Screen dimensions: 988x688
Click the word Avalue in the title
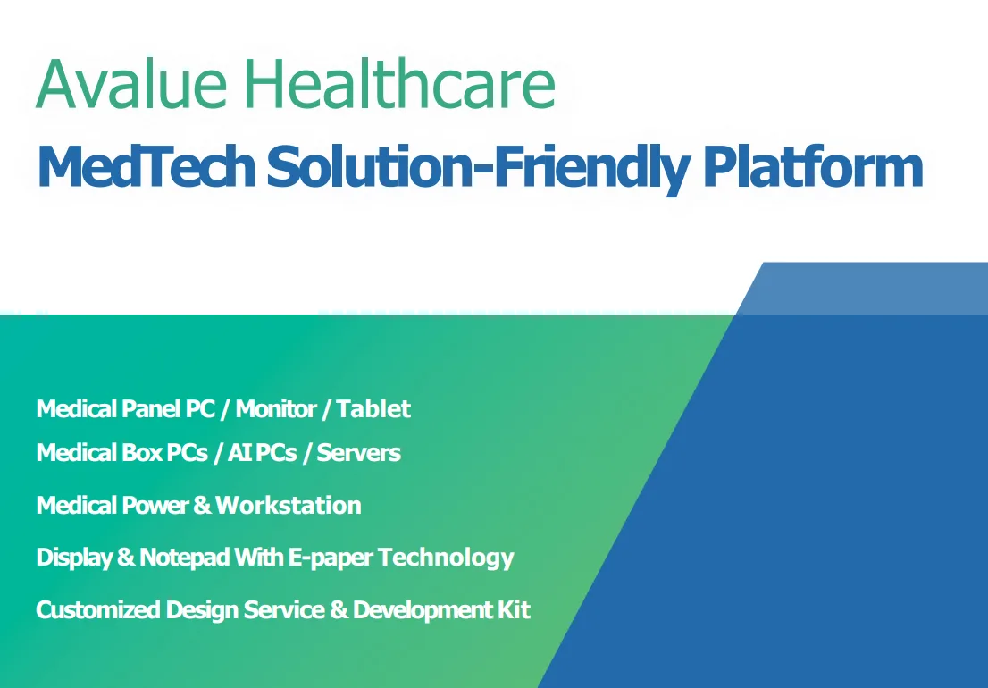click(x=131, y=84)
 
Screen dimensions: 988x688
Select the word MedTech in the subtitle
click(x=147, y=166)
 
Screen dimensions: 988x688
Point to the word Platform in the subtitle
click(x=813, y=166)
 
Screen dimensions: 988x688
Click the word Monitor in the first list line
click(x=276, y=409)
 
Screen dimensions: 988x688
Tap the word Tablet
click(x=373, y=409)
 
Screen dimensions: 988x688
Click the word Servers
click(x=358, y=452)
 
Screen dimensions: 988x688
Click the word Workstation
click(x=289, y=506)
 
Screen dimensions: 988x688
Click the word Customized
click(x=97, y=610)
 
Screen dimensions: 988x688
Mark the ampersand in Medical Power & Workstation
click(x=202, y=506)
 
